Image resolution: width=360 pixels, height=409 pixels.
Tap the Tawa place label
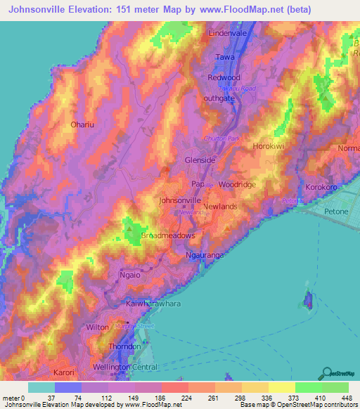[x=224, y=56]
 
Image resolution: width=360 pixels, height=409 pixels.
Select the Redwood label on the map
[x=224, y=77]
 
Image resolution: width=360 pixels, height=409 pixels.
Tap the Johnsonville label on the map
[x=181, y=200]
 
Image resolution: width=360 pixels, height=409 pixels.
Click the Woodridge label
[x=237, y=184]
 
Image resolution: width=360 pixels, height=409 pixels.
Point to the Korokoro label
[x=322, y=187]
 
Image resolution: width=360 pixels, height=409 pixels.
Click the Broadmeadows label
[x=167, y=235]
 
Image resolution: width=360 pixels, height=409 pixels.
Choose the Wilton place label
[x=97, y=327]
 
